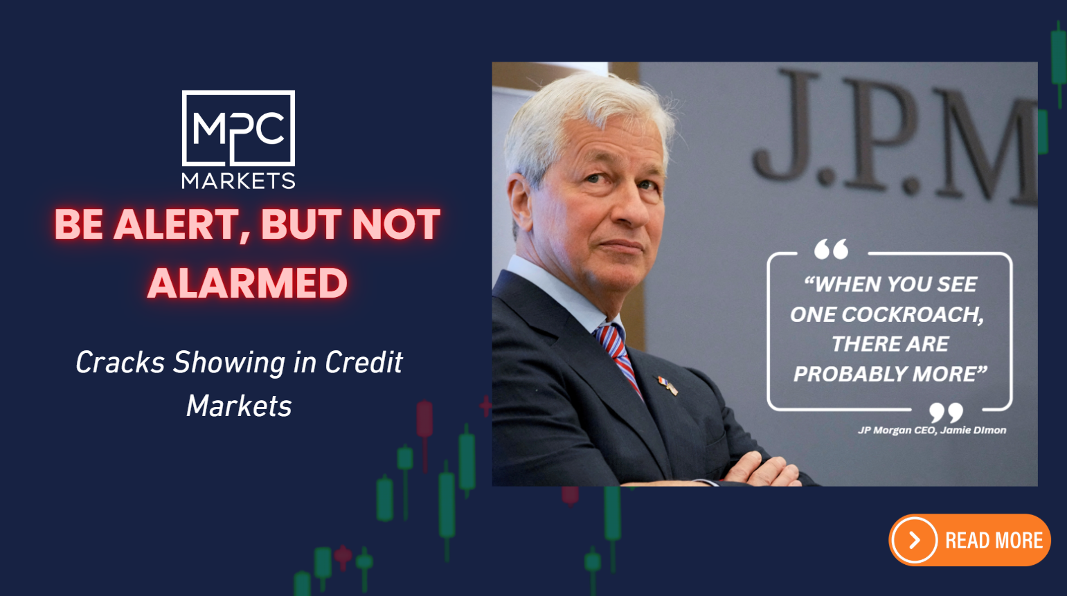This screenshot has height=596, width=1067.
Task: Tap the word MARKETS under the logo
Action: [x=238, y=181]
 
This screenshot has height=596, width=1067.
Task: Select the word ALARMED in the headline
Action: [x=247, y=282]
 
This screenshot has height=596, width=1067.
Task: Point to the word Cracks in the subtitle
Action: [x=120, y=362]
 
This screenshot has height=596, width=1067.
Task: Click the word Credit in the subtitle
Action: [x=364, y=362]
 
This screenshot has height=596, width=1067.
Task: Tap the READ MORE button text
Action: [x=994, y=541]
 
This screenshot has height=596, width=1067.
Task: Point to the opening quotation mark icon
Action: [x=831, y=249]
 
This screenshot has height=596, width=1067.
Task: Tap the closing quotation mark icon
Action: [x=946, y=413]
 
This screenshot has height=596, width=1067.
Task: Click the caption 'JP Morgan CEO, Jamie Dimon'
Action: [x=932, y=431]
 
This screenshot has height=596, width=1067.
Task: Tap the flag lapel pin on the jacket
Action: [x=667, y=386]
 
